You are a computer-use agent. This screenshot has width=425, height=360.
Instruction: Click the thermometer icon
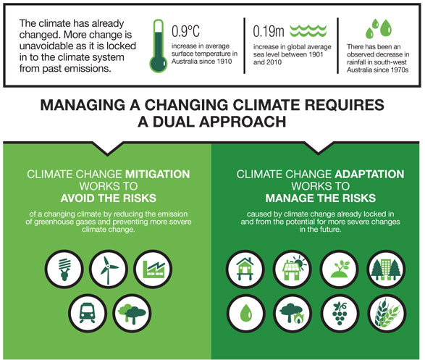pyautogui.click(x=159, y=46)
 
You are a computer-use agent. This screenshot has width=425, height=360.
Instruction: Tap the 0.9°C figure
pyautogui.click(x=185, y=31)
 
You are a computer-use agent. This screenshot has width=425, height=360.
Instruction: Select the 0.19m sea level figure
pyautogui.click(x=269, y=31)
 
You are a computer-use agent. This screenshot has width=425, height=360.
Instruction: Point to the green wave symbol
pyautogui.click(x=308, y=31)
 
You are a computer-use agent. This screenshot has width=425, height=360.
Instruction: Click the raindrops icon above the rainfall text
pyautogui.click(x=379, y=28)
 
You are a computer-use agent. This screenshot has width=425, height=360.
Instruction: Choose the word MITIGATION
pyautogui.click(x=158, y=174)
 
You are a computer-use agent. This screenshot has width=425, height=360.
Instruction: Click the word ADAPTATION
pyautogui.click(x=369, y=174)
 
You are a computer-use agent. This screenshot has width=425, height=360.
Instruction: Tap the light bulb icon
pyautogui.click(x=64, y=269)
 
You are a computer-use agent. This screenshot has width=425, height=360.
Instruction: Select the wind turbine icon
pyautogui.click(x=109, y=269)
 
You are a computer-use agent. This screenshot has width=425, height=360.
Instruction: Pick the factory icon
pyautogui.click(x=153, y=269)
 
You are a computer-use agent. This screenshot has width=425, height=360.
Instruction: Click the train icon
pyautogui.click(x=88, y=314)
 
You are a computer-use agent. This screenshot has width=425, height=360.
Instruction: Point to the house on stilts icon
pyautogui.click(x=245, y=269)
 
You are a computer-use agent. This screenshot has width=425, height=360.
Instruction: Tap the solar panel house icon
pyautogui.click(x=293, y=269)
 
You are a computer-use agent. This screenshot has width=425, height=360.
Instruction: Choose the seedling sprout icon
pyautogui.click(x=340, y=269)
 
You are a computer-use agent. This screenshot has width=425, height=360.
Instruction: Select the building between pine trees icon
pyautogui.click(x=387, y=269)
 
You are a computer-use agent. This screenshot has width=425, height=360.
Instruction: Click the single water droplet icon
pyautogui.click(x=246, y=314)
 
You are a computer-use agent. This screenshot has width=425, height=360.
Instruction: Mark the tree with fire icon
pyautogui.click(x=293, y=314)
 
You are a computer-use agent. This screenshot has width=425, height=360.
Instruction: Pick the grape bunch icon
pyautogui.click(x=340, y=314)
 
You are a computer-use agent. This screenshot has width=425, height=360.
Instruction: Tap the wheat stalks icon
pyautogui.click(x=387, y=314)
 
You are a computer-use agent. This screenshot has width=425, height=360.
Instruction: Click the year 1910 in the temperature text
pyautogui.click(x=224, y=62)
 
